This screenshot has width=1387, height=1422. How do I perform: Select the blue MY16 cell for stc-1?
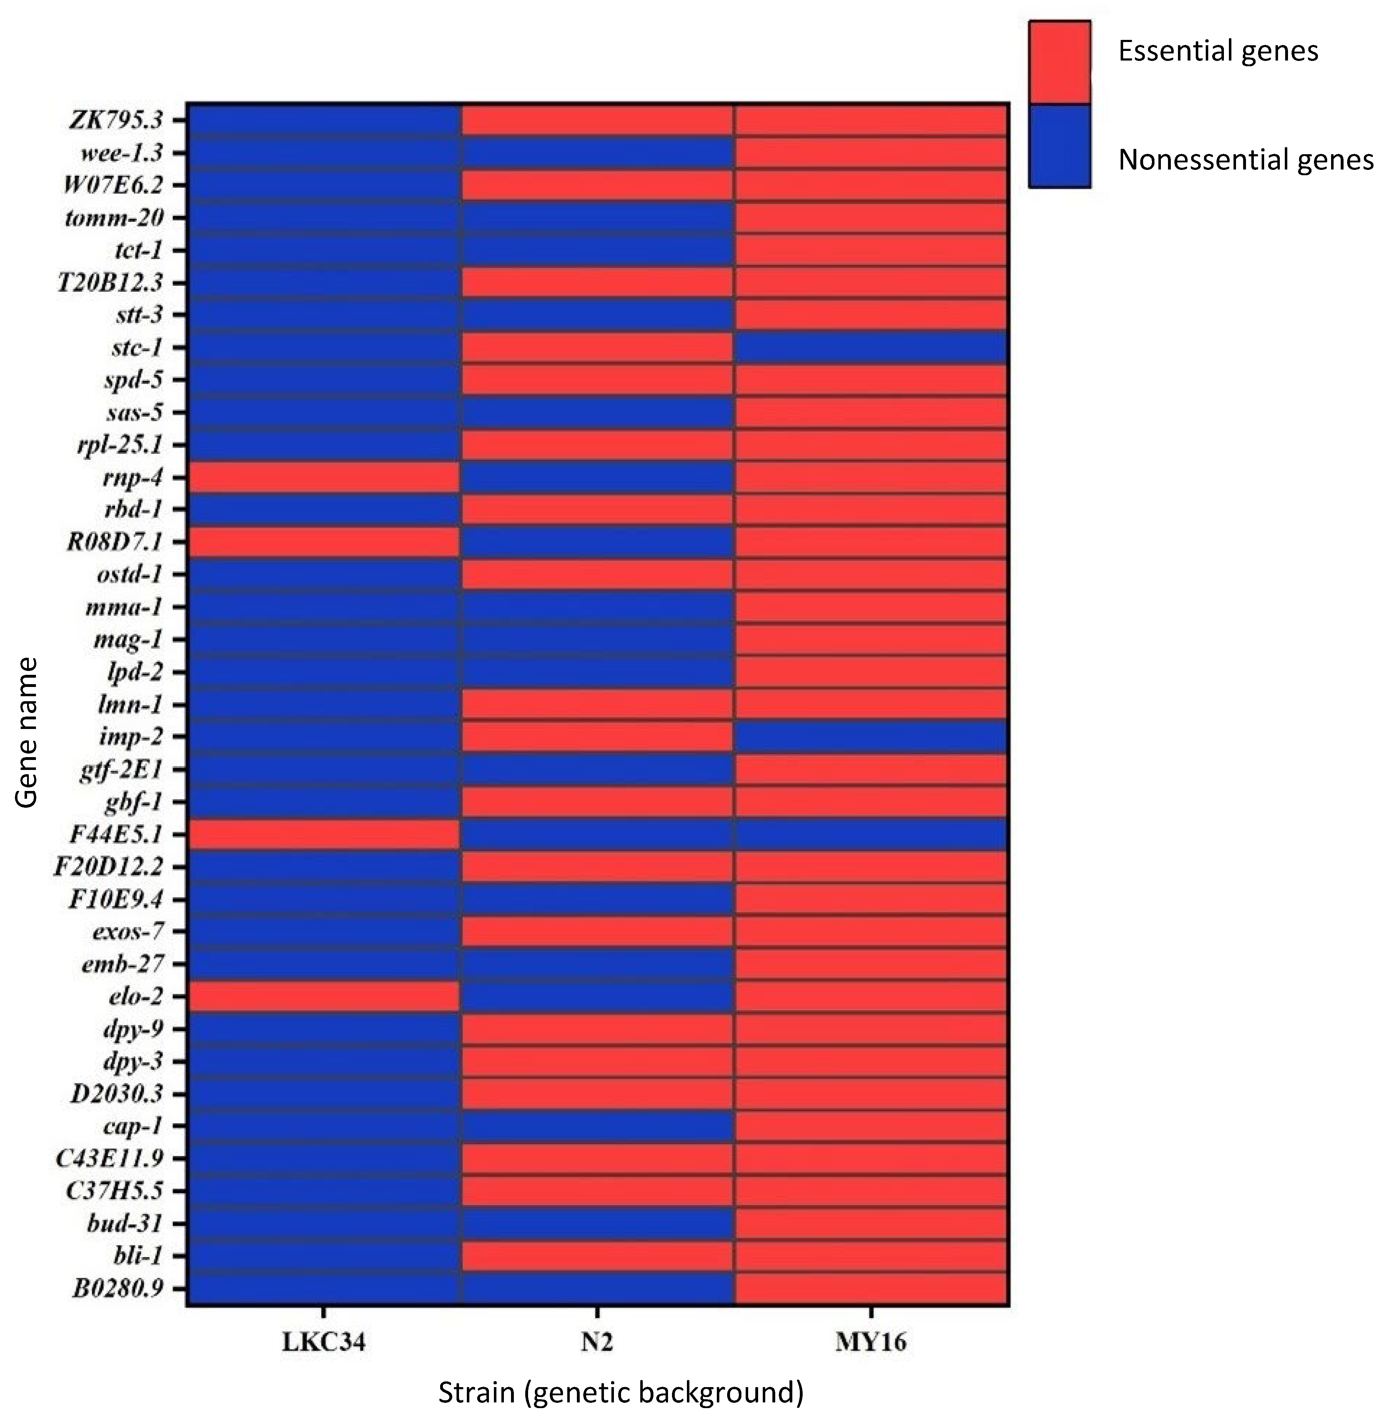point(871,348)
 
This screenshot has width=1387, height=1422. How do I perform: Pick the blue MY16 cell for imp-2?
point(871,736)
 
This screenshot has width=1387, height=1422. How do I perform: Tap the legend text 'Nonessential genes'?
point(1246,160)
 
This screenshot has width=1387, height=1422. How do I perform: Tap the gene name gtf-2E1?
point(121,769)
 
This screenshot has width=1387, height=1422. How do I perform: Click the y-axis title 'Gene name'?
point(26,732)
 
